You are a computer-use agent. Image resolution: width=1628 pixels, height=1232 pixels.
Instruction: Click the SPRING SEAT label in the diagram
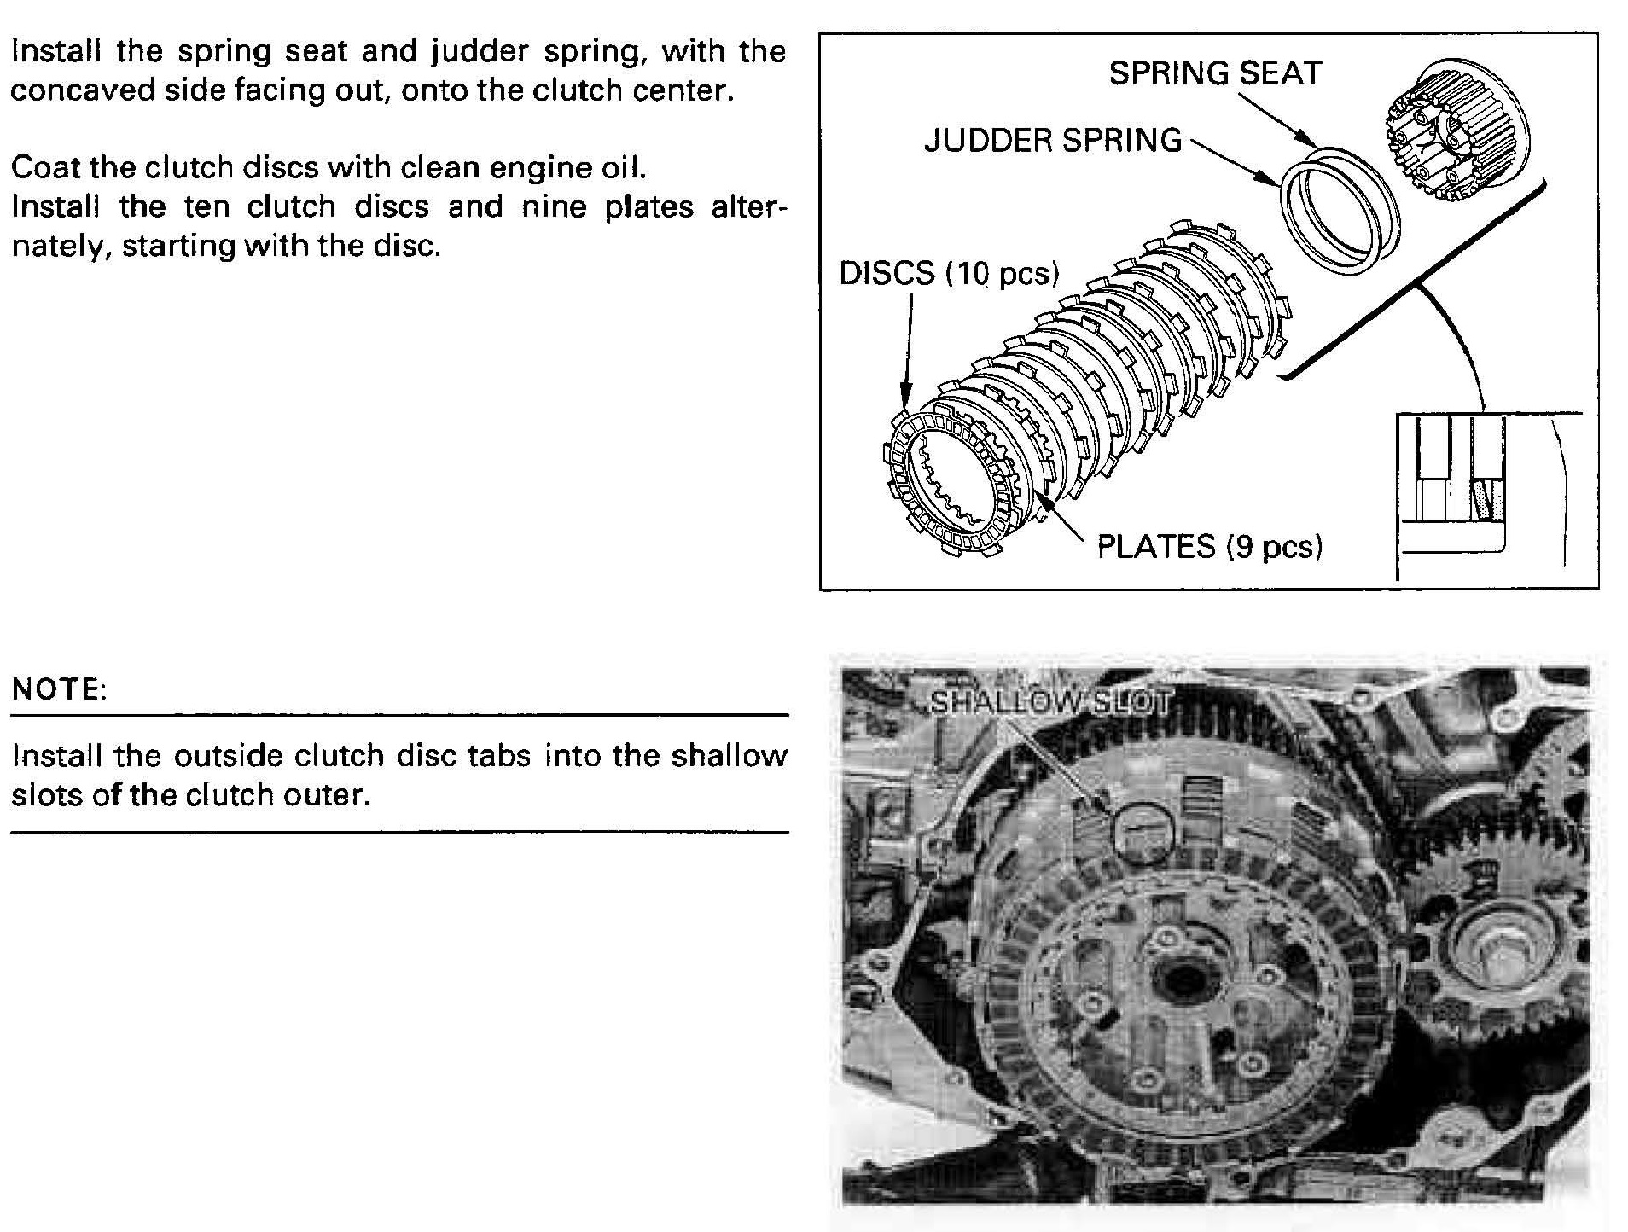1215,73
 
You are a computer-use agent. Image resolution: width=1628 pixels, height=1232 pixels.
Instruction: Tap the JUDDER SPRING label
1053,141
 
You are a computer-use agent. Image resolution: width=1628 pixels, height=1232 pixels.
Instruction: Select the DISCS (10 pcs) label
949,274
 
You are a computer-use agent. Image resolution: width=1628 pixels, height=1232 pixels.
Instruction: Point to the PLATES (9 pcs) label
1209,546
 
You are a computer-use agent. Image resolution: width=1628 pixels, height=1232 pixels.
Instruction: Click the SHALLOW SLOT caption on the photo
1050,701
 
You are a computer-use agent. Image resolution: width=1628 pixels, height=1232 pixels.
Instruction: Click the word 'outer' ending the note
334,795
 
